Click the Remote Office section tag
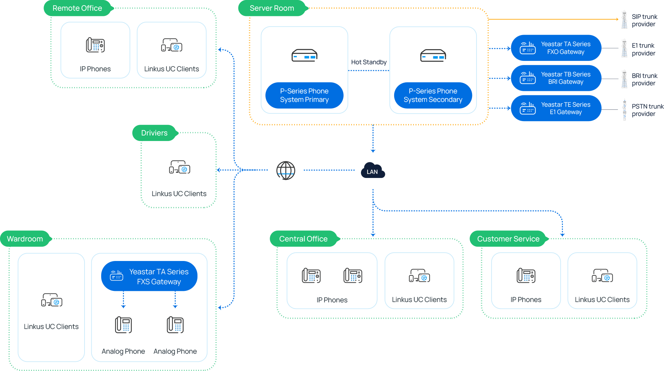click(77, 8)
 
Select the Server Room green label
click(272, 8)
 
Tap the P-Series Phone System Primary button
click(304, 95)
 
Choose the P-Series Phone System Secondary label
click(433, 95)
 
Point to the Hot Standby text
click(368, 62)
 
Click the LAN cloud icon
click(373, 171)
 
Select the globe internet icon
click(286, 171)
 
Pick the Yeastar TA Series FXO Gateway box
click(556, 48)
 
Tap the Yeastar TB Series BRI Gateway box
click(556, 78)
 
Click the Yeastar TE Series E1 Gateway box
click(556, 109)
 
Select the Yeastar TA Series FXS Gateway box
click(149, 276)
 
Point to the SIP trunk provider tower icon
click(624, 20)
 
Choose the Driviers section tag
click(154, 133)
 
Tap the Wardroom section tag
click(25, 239)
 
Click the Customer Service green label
click(508, 239)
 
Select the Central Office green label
click(303, 239)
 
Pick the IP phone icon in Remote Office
click(95, 45)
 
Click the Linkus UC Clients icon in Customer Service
click(602, 275)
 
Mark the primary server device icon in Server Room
click(304, 55)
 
